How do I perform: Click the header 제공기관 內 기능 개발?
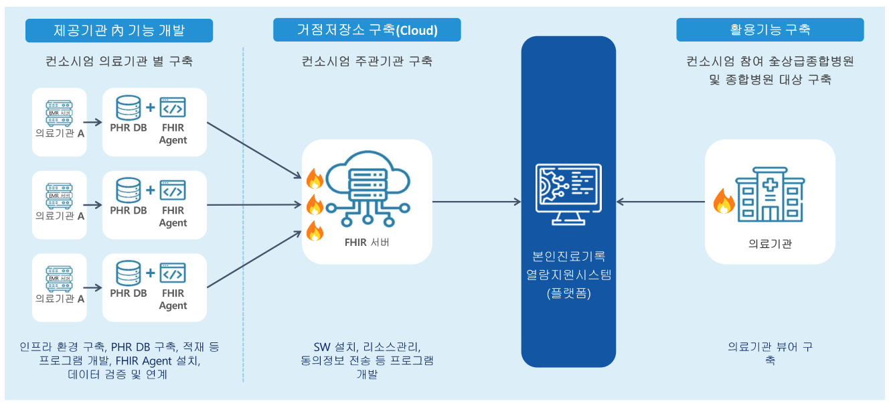coord(118,30)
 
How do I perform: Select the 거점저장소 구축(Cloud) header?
coord(367,30)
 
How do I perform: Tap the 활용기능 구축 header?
coord(770,30)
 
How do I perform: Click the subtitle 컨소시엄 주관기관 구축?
coord(367,62)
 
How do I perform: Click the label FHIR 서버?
coord(367,242)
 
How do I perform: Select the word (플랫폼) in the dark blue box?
coord(568,293)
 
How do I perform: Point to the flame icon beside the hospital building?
coord(724,200)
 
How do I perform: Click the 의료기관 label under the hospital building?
coord(770,244)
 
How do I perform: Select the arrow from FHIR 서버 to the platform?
coord(477,201)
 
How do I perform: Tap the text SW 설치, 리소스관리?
coord(367,347)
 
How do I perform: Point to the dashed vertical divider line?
coord(243,214)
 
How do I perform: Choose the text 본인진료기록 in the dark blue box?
coord(568,256)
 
